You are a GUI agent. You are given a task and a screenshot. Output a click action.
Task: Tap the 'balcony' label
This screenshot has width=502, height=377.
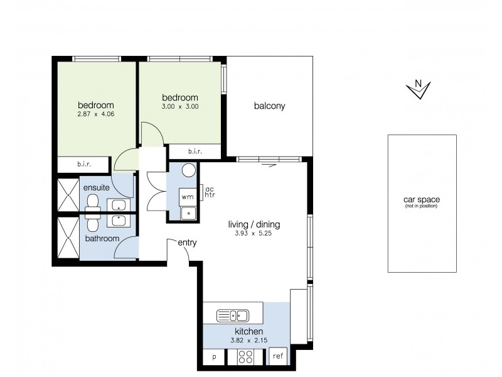(x=269, y=106)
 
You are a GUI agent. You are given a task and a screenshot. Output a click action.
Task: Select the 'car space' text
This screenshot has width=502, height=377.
(x=421, y=200)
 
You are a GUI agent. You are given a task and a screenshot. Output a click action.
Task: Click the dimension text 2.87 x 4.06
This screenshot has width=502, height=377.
(x=95, y=114)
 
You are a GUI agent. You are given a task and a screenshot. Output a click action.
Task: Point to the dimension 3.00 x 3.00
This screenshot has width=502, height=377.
(x=180, y=107)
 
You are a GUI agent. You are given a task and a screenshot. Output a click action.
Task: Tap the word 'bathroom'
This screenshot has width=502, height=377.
(x=102, y=239)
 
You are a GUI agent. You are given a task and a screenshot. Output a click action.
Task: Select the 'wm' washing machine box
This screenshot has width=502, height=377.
(x=187, y=197)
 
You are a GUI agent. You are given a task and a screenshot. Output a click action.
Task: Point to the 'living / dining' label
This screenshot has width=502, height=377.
(x=254, y=224)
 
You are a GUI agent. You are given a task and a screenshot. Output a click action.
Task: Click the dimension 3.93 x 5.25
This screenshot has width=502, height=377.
(x=254, y=234)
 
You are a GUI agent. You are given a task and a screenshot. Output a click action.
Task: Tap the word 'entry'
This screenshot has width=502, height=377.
(x=187, y=243)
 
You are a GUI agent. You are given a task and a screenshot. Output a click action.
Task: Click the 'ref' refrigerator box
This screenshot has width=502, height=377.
(x=278, y=356)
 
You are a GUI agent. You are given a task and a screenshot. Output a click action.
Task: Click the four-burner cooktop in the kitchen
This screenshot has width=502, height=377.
(x=245, y=356)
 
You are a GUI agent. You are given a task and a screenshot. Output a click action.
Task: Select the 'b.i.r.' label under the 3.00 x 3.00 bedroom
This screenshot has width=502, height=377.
(x=195, y=151)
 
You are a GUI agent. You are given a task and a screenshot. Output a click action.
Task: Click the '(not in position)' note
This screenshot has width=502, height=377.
(x=421, y=206)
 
